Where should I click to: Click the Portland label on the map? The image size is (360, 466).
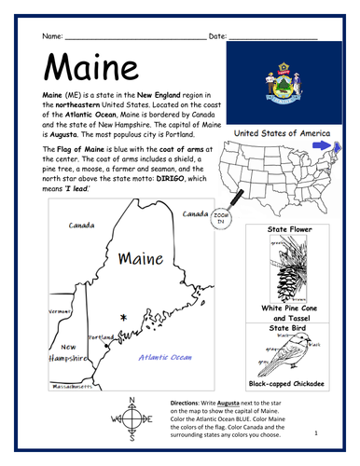(100, 337)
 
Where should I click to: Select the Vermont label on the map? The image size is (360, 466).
(61, 311)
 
